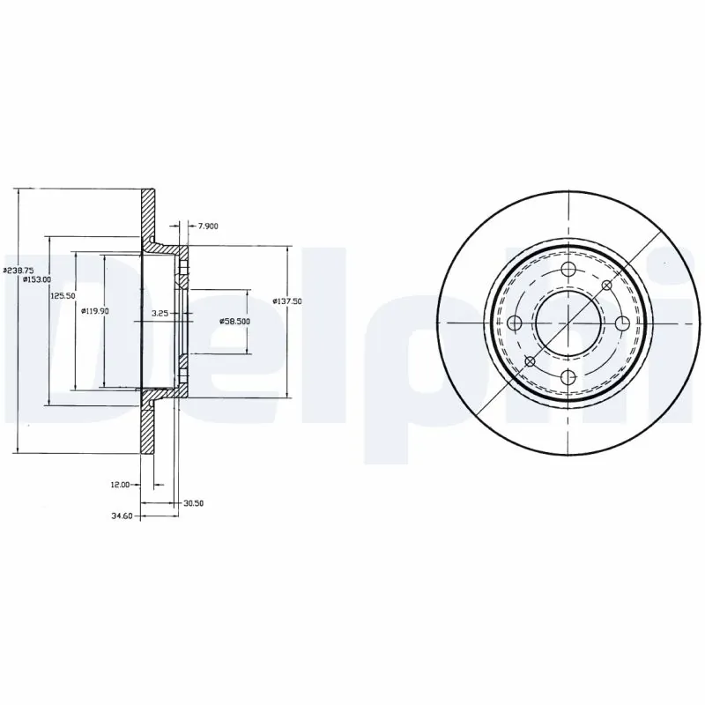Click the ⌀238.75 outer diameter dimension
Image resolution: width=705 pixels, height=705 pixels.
coord(19,270)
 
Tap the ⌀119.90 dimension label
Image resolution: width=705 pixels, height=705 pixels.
coord(94,310)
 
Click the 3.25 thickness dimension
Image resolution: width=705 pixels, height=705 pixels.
coord(160,313)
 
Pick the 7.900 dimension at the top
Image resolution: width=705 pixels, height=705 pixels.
coord(208,226)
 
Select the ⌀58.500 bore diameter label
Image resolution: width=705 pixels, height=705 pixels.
coord(234,322)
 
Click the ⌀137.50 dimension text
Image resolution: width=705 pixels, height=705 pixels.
coord(287,301)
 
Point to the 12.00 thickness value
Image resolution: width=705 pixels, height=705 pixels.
coord(121,485)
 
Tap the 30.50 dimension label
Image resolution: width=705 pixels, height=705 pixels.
coord(193,503)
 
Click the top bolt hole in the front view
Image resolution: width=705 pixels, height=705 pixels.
coord(568,270)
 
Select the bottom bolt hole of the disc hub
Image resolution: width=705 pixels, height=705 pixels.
coord(568,377)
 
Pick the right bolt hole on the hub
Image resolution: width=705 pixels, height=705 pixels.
coord(622,323)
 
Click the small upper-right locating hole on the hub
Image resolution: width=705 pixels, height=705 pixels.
coord(606,286)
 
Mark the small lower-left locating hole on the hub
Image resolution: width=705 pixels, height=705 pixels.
coord(530,361)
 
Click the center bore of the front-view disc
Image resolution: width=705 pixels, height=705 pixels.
coord(568,323)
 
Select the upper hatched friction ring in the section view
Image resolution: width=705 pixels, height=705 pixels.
coord(149,214)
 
